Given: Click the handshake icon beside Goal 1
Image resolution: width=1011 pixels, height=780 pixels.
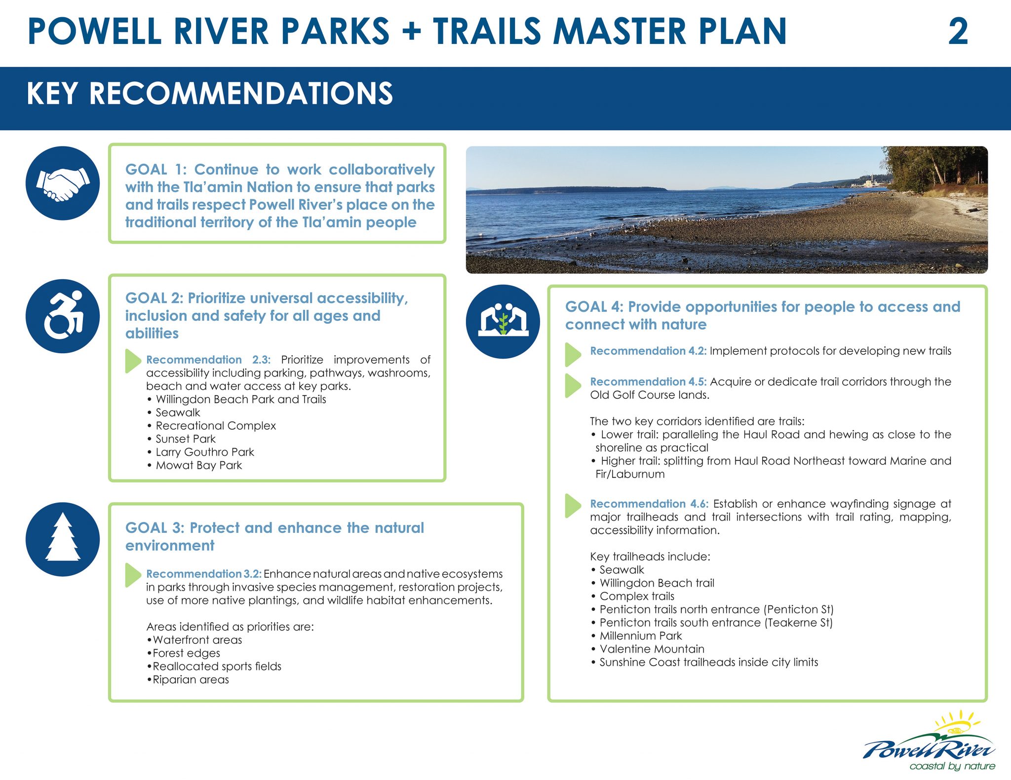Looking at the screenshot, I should click(63, 184).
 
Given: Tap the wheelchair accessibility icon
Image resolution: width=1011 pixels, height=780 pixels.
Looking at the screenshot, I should click(63, 316).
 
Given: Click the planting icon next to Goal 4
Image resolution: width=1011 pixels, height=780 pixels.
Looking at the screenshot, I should click(503, 322).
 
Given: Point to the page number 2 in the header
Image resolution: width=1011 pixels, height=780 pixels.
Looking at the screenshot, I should click(958, 32).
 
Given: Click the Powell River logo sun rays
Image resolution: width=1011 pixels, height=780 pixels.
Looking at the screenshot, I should click(958, 721).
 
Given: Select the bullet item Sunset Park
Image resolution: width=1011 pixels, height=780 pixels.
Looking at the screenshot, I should click(186, 439).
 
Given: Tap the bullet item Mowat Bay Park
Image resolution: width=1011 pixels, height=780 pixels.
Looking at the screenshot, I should click(198, 465).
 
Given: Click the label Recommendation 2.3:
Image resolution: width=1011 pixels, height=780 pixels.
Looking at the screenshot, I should click(208, 360).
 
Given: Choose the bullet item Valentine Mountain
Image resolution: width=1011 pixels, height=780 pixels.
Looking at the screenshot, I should click(652, 649).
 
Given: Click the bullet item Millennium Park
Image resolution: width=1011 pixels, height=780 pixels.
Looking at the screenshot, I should click(640, 635).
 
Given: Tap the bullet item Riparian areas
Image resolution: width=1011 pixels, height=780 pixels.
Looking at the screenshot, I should click(191, 679).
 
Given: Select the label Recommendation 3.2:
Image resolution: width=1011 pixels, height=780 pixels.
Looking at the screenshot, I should click(203, 574).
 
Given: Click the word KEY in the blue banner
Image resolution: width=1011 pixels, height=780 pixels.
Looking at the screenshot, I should click(52, 94).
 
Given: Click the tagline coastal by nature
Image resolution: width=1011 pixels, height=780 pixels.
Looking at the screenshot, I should click(952, 766).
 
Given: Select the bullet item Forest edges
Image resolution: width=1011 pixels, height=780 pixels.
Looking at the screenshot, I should click(186, 653).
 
